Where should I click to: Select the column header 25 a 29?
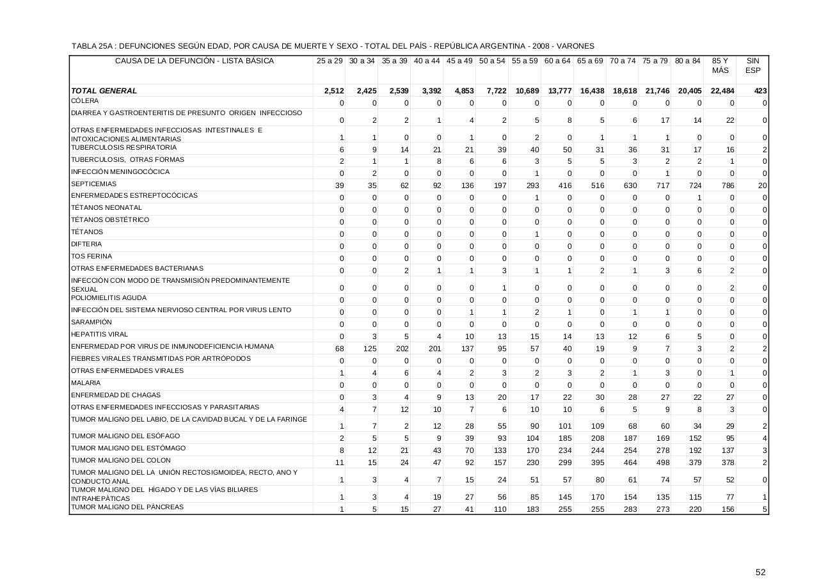pos(330,61)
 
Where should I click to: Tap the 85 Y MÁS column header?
pos(720,66)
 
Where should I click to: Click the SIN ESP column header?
pos(752,66)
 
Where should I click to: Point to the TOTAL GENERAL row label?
pos(104,91)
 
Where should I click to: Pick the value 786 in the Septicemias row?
pos(728,186)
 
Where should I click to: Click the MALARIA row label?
pos(86,383)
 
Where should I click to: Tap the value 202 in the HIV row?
pos(402,349)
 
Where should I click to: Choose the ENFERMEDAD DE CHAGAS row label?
pos(107,395)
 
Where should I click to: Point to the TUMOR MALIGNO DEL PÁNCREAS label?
pos(127,507)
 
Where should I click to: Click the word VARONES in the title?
pos(576,46)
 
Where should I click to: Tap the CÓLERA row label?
pos(85,101)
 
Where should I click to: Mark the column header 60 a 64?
pos(557,61)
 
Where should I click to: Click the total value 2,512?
pos(334,91)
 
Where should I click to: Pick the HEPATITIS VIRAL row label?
pos(100,335)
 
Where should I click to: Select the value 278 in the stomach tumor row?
pos(662,450)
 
